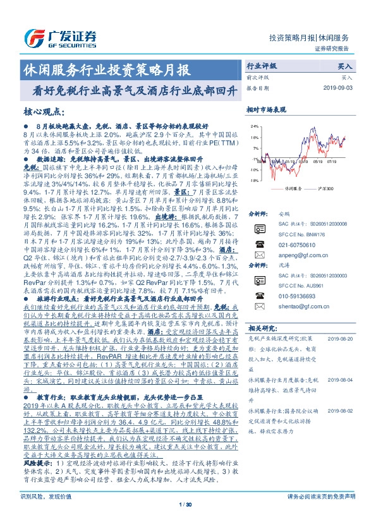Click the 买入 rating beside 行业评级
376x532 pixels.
344,65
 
